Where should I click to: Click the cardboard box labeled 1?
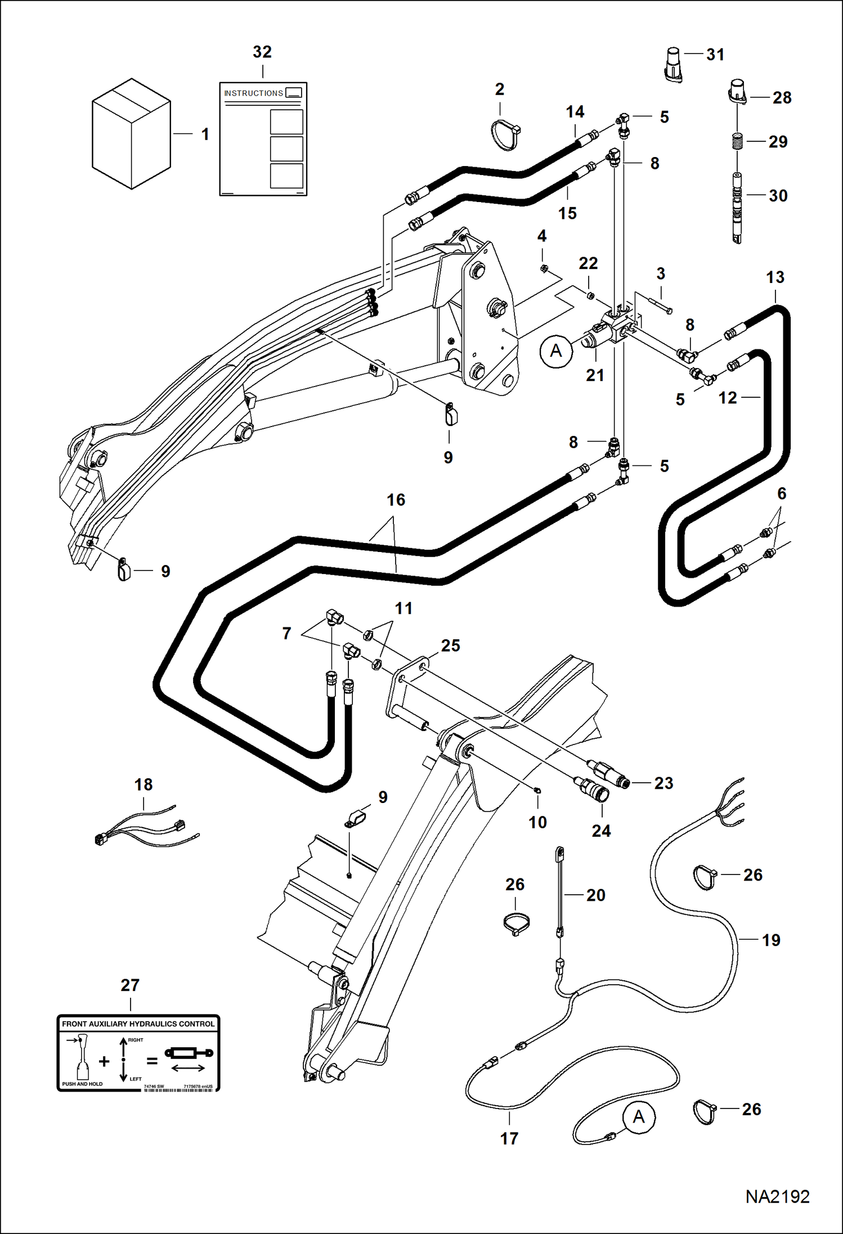(x=131, y=134)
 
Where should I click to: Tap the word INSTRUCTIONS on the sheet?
(x=253, y=93)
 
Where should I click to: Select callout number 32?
(x=262, y=52)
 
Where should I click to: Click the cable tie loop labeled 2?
(x=505, y=134)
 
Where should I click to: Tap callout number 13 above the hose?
(x=775, y=277)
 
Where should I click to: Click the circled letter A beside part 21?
(x=556, y=351)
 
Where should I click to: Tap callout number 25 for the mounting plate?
(x=450, y=645)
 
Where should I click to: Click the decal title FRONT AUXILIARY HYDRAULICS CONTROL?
(x=138, y=1024)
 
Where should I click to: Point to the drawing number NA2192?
(x=777, y=1197)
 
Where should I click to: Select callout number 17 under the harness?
(x=509, y=1138)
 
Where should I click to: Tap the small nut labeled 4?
(x=544, y=269)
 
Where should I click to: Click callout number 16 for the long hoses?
(x=396, y=500)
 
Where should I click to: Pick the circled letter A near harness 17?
(x=639, y=1116)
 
